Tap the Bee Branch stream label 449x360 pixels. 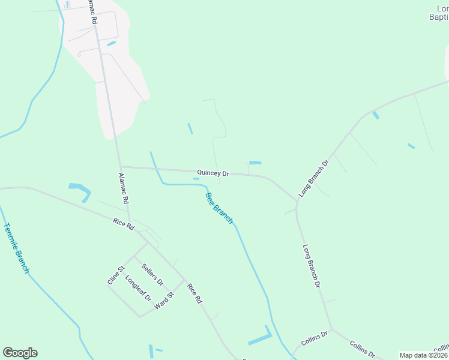[218, 208]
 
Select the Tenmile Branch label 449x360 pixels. [16, 248]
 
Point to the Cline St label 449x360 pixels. [114, 274]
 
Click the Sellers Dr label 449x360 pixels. [152, 273]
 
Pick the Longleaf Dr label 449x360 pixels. [138, 288]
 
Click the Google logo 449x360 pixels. [20, 353]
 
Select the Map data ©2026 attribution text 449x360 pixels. [424, 355]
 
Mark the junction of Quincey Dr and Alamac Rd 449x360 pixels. [121, 167]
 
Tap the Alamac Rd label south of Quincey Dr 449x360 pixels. [124, 188]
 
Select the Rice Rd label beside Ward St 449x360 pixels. [195, 293]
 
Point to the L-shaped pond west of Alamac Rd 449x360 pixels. [81, 191]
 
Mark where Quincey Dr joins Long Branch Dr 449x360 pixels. [296, 200]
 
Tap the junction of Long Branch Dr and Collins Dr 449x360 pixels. [331, 328]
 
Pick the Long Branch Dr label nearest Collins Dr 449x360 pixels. [312, 266]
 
